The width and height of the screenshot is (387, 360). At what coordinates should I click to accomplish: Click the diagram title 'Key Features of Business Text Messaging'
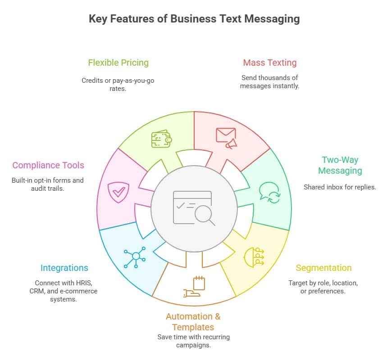coord(194,19)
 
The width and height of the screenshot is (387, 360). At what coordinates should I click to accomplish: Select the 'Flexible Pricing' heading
coord(118,63)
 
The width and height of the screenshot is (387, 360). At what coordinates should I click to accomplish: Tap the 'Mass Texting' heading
coord(269,63)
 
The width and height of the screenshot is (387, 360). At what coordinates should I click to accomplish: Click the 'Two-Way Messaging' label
coord(340,165)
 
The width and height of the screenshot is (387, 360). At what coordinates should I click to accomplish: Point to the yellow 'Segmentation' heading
coord(323,268)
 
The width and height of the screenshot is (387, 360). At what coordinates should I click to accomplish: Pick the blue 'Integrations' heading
coord(64,268)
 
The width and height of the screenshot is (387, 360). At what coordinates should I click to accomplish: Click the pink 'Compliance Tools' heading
coord(48,165)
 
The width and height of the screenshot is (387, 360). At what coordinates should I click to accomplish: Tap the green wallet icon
coord(161,139)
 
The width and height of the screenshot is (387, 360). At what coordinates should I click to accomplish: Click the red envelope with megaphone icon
coord(226,138)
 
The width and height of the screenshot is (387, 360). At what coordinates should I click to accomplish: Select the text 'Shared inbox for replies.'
coord(340,187)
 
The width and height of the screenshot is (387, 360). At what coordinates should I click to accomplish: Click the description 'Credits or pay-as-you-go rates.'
coord(118,84)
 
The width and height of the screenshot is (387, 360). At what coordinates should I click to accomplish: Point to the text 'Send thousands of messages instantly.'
coord(269,81)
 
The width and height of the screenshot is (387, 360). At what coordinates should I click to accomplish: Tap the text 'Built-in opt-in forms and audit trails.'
coord(48,184)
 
